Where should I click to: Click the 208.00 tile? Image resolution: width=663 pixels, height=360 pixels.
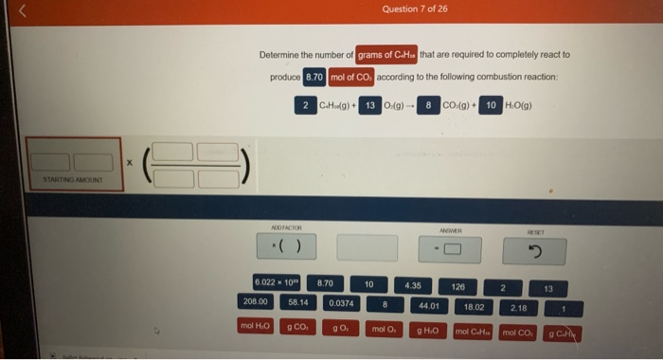tap(256, 302)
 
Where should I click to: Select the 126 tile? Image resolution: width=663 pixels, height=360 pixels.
tap(457, 285)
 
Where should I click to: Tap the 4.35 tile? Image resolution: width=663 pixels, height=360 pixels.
tap(413, 284)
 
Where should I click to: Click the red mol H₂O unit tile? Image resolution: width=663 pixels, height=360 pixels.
tap(256, 327)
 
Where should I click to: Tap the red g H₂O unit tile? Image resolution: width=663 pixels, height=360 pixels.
tap(428, 330)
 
